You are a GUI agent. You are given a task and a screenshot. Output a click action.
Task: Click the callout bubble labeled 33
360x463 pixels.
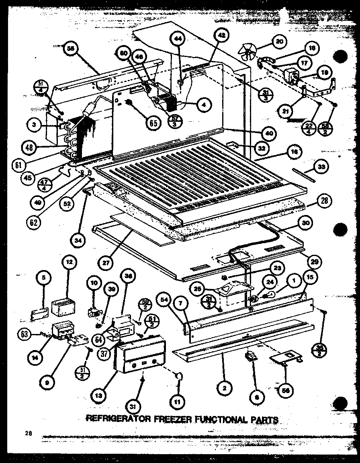click(320, 167)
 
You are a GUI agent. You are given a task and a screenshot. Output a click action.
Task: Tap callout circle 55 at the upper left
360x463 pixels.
click(71, 49)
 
